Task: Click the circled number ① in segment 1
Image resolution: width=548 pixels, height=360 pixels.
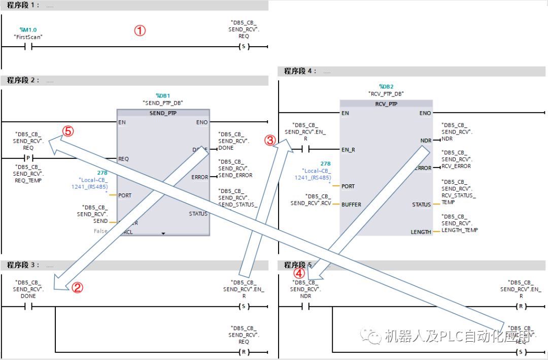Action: [140, 30]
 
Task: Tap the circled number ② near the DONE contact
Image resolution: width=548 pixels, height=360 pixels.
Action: [77, 288]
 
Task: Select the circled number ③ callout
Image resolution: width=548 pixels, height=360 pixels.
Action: [270, 141]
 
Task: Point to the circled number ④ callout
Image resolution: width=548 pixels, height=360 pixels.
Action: [300, 273]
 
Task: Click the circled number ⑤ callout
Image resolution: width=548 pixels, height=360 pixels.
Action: [67, 131]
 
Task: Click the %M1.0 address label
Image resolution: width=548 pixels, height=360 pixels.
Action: [28, 30]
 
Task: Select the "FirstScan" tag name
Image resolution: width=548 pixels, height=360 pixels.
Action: [28, 37]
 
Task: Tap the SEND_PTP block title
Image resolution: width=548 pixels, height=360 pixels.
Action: [163, 113]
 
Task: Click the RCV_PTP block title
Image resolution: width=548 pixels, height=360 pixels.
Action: [386, 104]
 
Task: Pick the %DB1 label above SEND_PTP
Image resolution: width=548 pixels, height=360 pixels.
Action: [163, 95]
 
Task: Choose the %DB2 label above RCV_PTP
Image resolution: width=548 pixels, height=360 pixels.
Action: [386, 87]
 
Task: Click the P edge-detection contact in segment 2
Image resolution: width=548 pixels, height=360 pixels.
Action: [28, 158]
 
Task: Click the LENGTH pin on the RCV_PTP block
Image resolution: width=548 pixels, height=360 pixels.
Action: [421, 232]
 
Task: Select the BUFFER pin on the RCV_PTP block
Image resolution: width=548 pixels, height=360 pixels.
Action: [352, 205]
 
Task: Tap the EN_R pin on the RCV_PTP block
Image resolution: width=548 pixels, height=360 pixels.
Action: [349, 149]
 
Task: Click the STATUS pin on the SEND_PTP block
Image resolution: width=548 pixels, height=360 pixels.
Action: [198, 214]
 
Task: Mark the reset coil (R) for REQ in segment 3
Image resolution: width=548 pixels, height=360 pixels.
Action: [244, 352]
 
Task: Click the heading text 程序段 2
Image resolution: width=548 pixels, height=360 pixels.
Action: [21, 80]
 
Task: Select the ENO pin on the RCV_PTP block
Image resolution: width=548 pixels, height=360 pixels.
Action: [425, 113]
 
